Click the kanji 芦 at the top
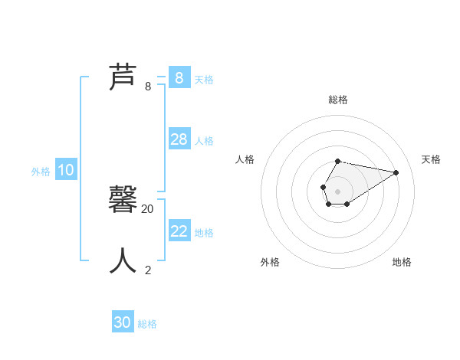(123, 77)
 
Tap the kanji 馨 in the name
(123, 199)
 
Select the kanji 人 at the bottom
(123, 260)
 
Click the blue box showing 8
(179, 77)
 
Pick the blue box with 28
(179, 139)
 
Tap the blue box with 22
(179, 231)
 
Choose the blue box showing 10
(66, 170)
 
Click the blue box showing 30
(123, 322)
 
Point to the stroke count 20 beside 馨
(148, 208)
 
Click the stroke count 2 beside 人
(148, 270)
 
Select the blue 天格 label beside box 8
(204, 79)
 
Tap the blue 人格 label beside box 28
(204, 141)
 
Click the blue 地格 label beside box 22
(204, 233)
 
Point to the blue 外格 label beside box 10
(41, 172)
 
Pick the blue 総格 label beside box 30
(147, 324)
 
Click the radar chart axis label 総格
(337, 100)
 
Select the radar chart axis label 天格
(431, 159)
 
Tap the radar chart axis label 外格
(270, 262)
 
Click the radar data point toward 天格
(396, 172)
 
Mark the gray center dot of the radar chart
(337, 191)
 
